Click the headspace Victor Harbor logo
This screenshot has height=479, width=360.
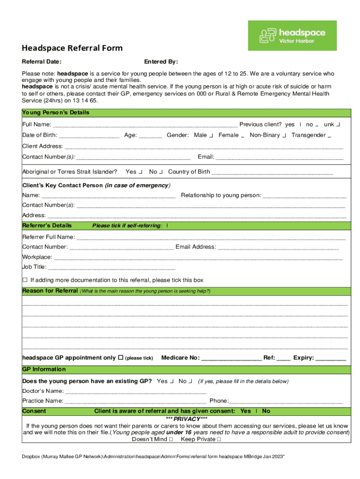click(292, 36)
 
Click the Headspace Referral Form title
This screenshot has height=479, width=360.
click(72, 48)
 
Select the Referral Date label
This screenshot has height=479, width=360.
click(42, 62)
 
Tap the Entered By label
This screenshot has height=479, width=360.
click(161, 62)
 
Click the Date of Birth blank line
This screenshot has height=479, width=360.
click(89, 136)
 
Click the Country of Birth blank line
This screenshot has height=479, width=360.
click(272, 172)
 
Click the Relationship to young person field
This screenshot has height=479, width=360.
click(304, 196)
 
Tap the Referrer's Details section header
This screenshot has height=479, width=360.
click(47, 225)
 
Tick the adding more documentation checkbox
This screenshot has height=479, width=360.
click(25, 280)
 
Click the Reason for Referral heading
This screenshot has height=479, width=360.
click(50, 291)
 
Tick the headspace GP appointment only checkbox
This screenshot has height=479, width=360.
click(121, 357)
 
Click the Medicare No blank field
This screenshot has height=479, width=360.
click(231, 358)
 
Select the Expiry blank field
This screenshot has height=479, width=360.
click(331, 358)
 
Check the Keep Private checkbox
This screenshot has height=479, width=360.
click(219, 440)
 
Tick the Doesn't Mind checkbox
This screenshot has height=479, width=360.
click(171, 440)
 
